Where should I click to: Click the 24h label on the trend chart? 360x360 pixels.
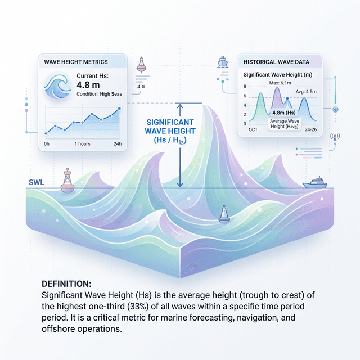117,143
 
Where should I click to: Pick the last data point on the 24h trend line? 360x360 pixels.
119,109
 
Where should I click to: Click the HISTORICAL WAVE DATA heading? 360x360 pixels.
276,61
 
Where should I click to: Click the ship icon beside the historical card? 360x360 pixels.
223,60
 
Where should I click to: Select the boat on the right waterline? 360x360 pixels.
316,182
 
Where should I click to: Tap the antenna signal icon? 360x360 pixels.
336,137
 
